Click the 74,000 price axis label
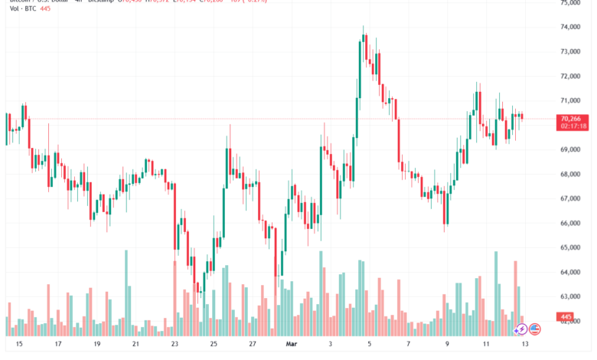tap(570, 27)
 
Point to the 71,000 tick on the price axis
tap(570, 100)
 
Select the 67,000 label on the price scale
tap(570, 198)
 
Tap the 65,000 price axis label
tap(570, 247)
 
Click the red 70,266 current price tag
tap(572, 119)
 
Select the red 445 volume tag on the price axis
tap(567, 316)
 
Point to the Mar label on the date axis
tap(291, 345)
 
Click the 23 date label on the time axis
tap(175, 345)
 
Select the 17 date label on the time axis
tap(58, 345)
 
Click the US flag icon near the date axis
tap(535, 329)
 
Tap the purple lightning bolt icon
tap(520, 329)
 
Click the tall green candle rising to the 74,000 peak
tap(359, 69)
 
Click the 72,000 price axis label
tap(570, 76)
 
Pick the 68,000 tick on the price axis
tap(570, 174)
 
